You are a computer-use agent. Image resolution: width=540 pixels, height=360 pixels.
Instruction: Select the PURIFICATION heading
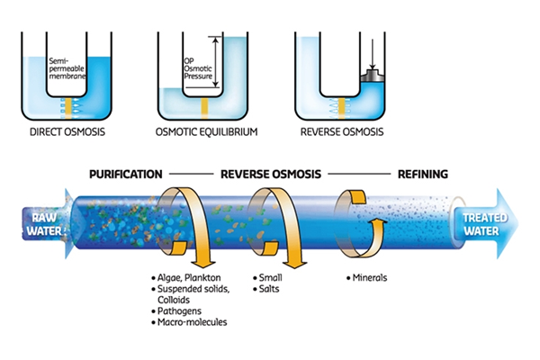point(125,173)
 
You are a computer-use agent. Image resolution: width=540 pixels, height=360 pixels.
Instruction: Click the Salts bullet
point(269,289)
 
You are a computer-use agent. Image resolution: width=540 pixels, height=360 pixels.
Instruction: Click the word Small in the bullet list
point(269,278)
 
